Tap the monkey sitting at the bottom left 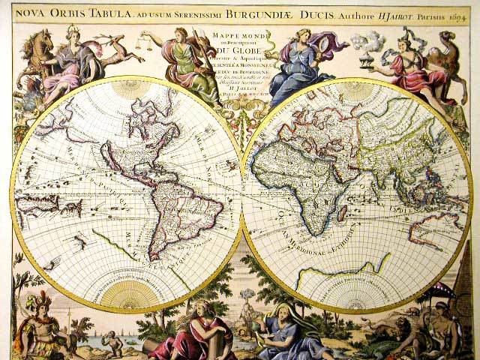[111, 343]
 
